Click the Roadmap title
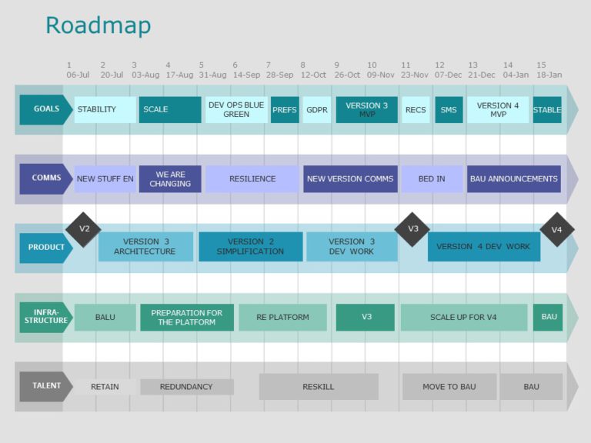pyautogui.click(x=98, y=25)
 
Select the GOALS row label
pyautogui.click(x=45, y=109)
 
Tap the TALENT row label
pyautogui.click(x=45, y=386)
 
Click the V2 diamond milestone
pyautogui.click(x=84, y=229)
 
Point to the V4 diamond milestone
pyautogui.click(x=557, y=229)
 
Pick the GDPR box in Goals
pyautogui.click(x=317, y=110)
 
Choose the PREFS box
pyautogui.click(x=285, y=110)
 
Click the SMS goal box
pyautogui.click(x=449, y=110)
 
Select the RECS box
pyautogui.click(x=416, y=110)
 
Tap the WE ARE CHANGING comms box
pyautogui.click(x=170, y=179)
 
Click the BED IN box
pyautogui.click(x=432, y=179)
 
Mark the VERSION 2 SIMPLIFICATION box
pyautogui.click(x=250, y=247)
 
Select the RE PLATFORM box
pyautogui.click(x=282, y=317)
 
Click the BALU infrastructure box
pyautogui.click(x=105, y=317)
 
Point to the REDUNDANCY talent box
pyautogui.click(x=186, y=387)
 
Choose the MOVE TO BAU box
pyautogui.click(x=449, y=387)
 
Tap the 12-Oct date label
pyautogui.click(x=313, y=75)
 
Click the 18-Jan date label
pyautogui.click(x=549, y=75)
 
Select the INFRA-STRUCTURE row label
pyautogui.click(x=45, y=317)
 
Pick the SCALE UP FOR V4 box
pyautogui.click(x=463, y=317)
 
